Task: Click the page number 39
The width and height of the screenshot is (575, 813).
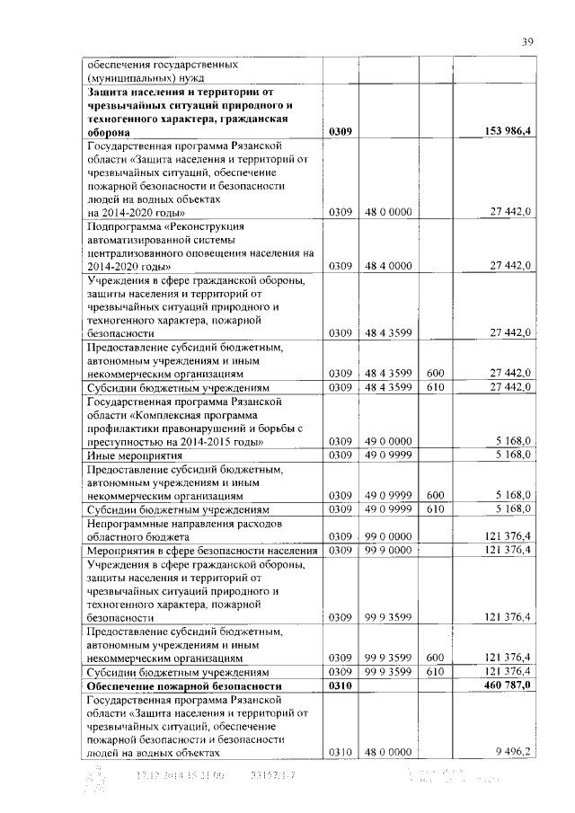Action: pos(528,41)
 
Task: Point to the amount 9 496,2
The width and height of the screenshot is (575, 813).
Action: pos(513,751)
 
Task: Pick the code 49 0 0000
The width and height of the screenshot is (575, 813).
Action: pos(388,441)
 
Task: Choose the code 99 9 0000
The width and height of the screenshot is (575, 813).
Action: pos(388,550)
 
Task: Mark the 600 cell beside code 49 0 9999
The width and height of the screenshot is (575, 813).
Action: pos(436,495)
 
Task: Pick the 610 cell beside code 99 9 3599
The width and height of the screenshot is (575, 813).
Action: pos(436,671)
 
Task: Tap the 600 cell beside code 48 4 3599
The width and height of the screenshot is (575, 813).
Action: pos(436,373)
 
